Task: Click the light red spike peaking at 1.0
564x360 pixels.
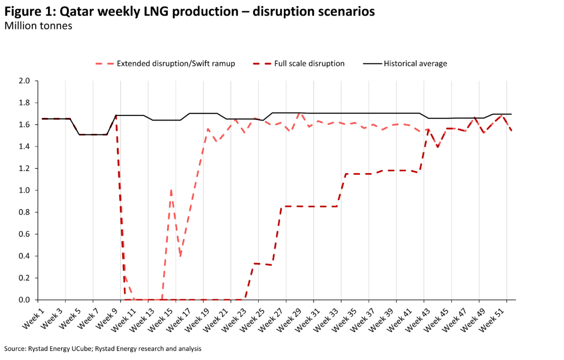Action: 171,190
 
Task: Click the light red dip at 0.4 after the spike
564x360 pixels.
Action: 180,256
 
